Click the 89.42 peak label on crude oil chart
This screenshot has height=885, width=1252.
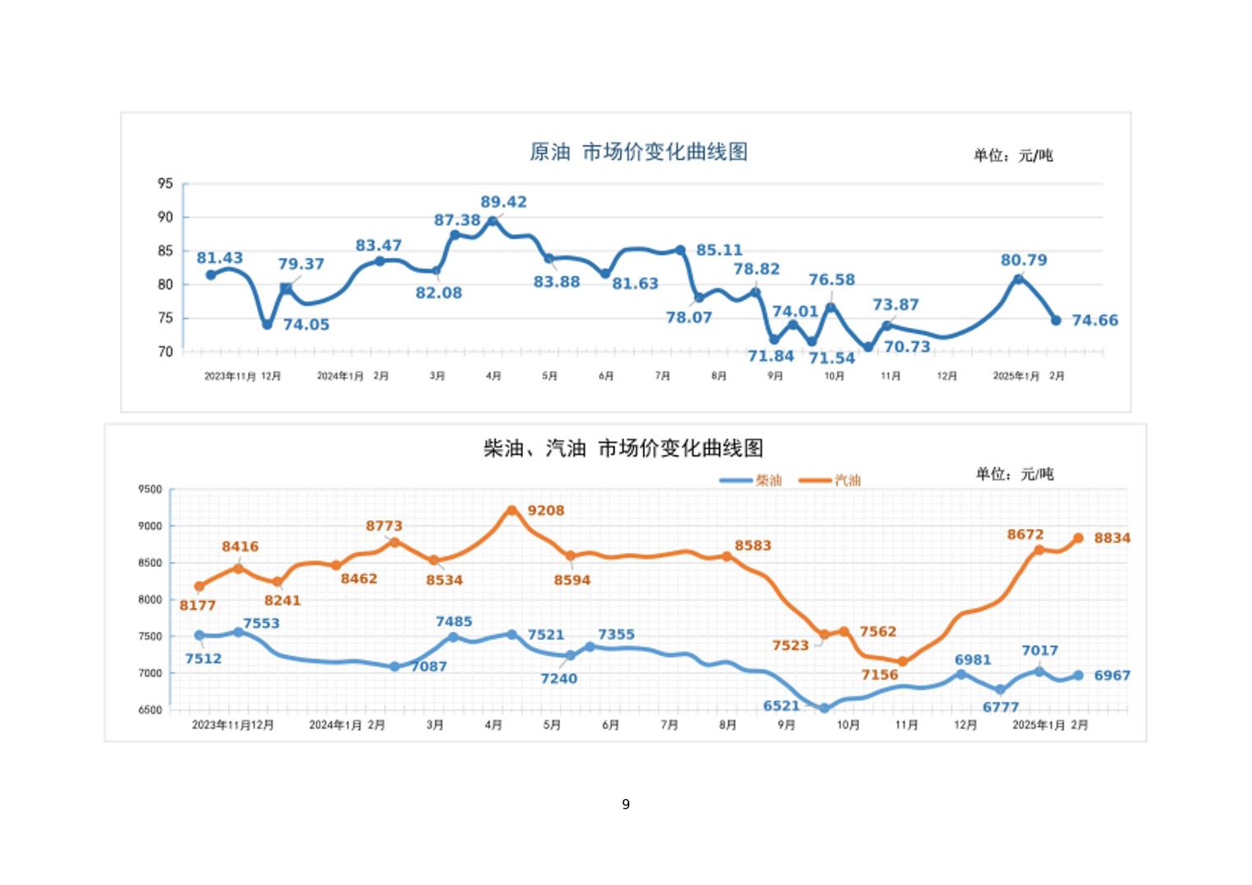(503, 202)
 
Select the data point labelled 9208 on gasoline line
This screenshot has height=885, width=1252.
(512, 511)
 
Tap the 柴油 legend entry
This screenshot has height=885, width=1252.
(768, 480)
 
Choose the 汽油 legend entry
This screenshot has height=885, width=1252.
(847, 480)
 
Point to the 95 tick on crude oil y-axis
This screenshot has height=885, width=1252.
(166, 184)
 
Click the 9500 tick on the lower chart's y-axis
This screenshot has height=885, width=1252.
(150, 489)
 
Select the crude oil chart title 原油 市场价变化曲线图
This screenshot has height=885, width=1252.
(638, 152)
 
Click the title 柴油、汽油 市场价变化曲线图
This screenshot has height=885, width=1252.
(623, 448)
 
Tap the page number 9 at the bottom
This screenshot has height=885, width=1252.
(626, 804)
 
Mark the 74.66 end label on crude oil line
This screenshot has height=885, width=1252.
(1095, 321)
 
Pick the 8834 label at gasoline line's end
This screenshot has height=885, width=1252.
(1112, 538)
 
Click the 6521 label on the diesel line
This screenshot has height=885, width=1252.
(781, 706)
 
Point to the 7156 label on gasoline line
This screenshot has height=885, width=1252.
(880, 675)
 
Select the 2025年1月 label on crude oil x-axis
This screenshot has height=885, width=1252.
(1016, 377)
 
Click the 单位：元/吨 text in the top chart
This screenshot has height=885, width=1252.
(1012, 156)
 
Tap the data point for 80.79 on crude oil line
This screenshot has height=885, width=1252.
(1018, 279)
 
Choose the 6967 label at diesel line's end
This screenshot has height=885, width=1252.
(1112, 676)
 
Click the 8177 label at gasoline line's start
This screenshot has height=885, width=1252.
(198, 606)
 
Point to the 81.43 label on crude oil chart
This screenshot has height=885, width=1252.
(219, 258)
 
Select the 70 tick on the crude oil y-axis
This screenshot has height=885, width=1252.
(166, 352)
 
